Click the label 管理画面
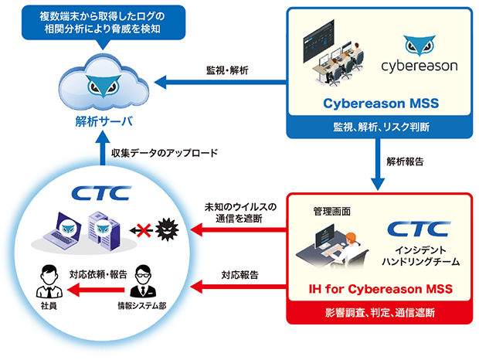331,209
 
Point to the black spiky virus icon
165,228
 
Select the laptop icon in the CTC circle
67,228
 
